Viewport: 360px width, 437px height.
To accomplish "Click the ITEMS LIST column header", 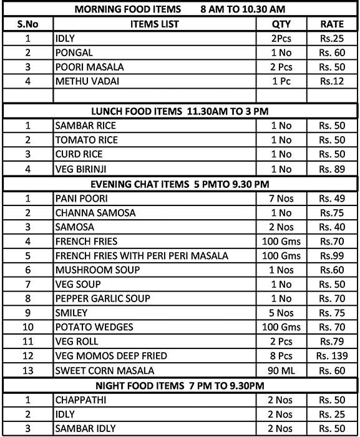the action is [155, 24].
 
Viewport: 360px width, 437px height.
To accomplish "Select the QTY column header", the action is [281, 24].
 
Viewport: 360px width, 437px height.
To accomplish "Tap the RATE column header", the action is [333, 24].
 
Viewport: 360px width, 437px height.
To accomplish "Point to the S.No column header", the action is [27, 24].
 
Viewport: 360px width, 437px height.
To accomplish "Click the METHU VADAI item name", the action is [78, 81].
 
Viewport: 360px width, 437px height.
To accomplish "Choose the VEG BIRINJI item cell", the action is [78, 169].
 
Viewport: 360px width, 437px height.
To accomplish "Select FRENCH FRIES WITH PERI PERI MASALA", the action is [142, 256].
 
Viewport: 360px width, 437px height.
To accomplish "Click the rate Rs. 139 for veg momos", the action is [333, 356].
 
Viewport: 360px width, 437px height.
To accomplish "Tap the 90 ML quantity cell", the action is [281, 371].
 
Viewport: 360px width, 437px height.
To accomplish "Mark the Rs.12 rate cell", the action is [333, 81].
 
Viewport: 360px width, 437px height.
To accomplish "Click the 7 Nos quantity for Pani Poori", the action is [281, 199].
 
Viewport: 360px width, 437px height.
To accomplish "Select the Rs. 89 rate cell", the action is [333, 169].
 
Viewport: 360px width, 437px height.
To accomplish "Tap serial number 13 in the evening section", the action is [27, 371].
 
